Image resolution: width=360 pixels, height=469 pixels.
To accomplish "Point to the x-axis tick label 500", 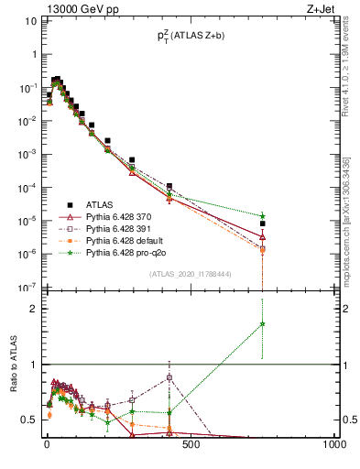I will tap(191, 445).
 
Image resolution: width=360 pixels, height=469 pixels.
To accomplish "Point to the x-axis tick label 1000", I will tap(333, 445).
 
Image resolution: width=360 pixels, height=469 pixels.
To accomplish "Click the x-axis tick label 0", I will tap(47, 445).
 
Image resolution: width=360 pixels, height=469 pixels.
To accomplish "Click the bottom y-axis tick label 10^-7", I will tap(29, 288).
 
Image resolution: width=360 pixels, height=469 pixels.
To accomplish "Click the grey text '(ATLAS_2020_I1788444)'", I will tap(191, 274).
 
